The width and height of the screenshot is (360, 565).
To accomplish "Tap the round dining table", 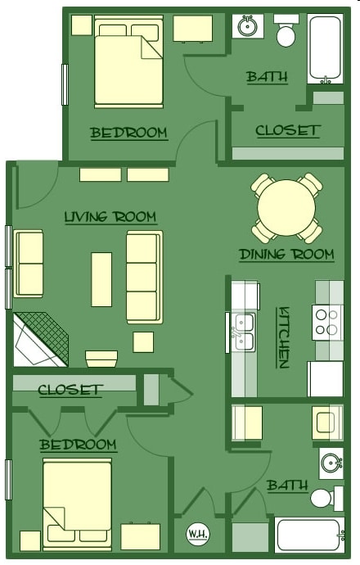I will (286, 207).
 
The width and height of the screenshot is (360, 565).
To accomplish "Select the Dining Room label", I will (286, 255).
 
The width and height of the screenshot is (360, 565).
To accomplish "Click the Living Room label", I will (110, 217).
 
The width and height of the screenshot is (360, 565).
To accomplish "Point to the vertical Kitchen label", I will (284, 337).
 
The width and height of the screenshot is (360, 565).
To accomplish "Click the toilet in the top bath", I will (286, 31).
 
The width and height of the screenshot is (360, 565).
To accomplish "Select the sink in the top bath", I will (247, 26).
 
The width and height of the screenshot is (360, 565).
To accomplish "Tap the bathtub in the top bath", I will (325, 48).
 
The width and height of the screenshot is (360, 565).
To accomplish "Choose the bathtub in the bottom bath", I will (309, 536).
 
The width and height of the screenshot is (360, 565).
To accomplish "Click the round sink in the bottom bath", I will (331, 463).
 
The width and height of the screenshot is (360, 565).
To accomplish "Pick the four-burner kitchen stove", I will (327, 321).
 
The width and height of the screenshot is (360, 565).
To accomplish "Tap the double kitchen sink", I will (244, 332).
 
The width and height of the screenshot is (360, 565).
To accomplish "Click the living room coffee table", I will (101, 278).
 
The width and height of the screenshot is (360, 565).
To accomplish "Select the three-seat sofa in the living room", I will (143, 276).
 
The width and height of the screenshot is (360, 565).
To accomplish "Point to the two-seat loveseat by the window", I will (29, 264).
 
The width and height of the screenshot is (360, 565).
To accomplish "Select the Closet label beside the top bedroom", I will (287, 131).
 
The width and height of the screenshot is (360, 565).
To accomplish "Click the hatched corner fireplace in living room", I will (39, 339).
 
